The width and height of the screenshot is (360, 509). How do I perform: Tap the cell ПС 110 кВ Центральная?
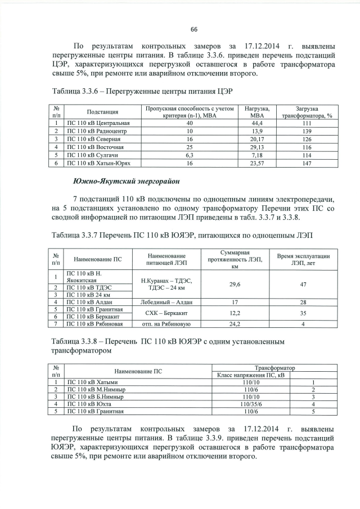98,123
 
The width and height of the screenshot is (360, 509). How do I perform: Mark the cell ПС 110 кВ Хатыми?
92,382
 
